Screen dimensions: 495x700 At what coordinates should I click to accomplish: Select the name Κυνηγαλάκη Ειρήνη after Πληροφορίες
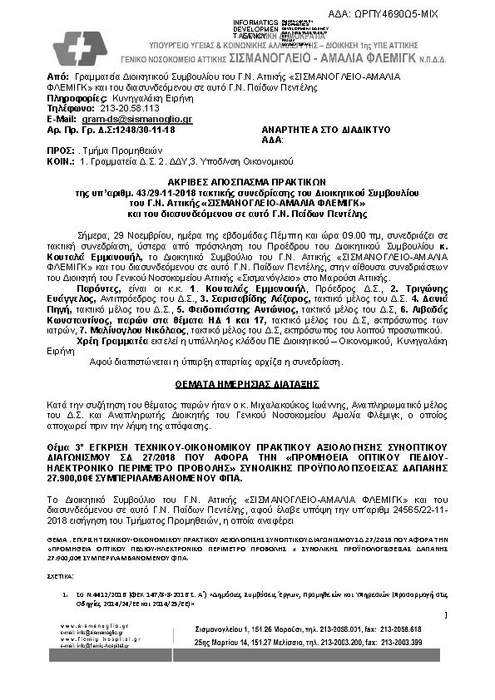tap(136, 98)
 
